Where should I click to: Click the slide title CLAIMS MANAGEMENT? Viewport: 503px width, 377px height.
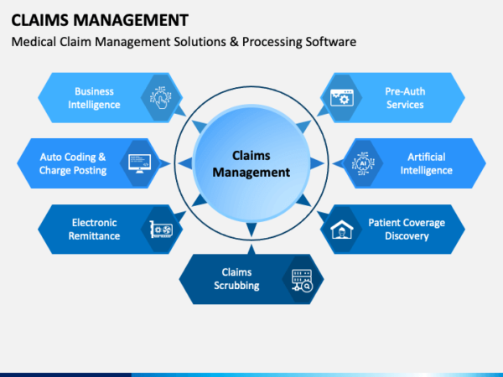coord(100,18)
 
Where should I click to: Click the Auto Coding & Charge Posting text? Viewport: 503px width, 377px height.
coord(73,163)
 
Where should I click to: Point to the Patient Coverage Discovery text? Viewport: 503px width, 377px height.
coord(407,229)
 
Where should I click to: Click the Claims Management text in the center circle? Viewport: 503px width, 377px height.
coord(251,163)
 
